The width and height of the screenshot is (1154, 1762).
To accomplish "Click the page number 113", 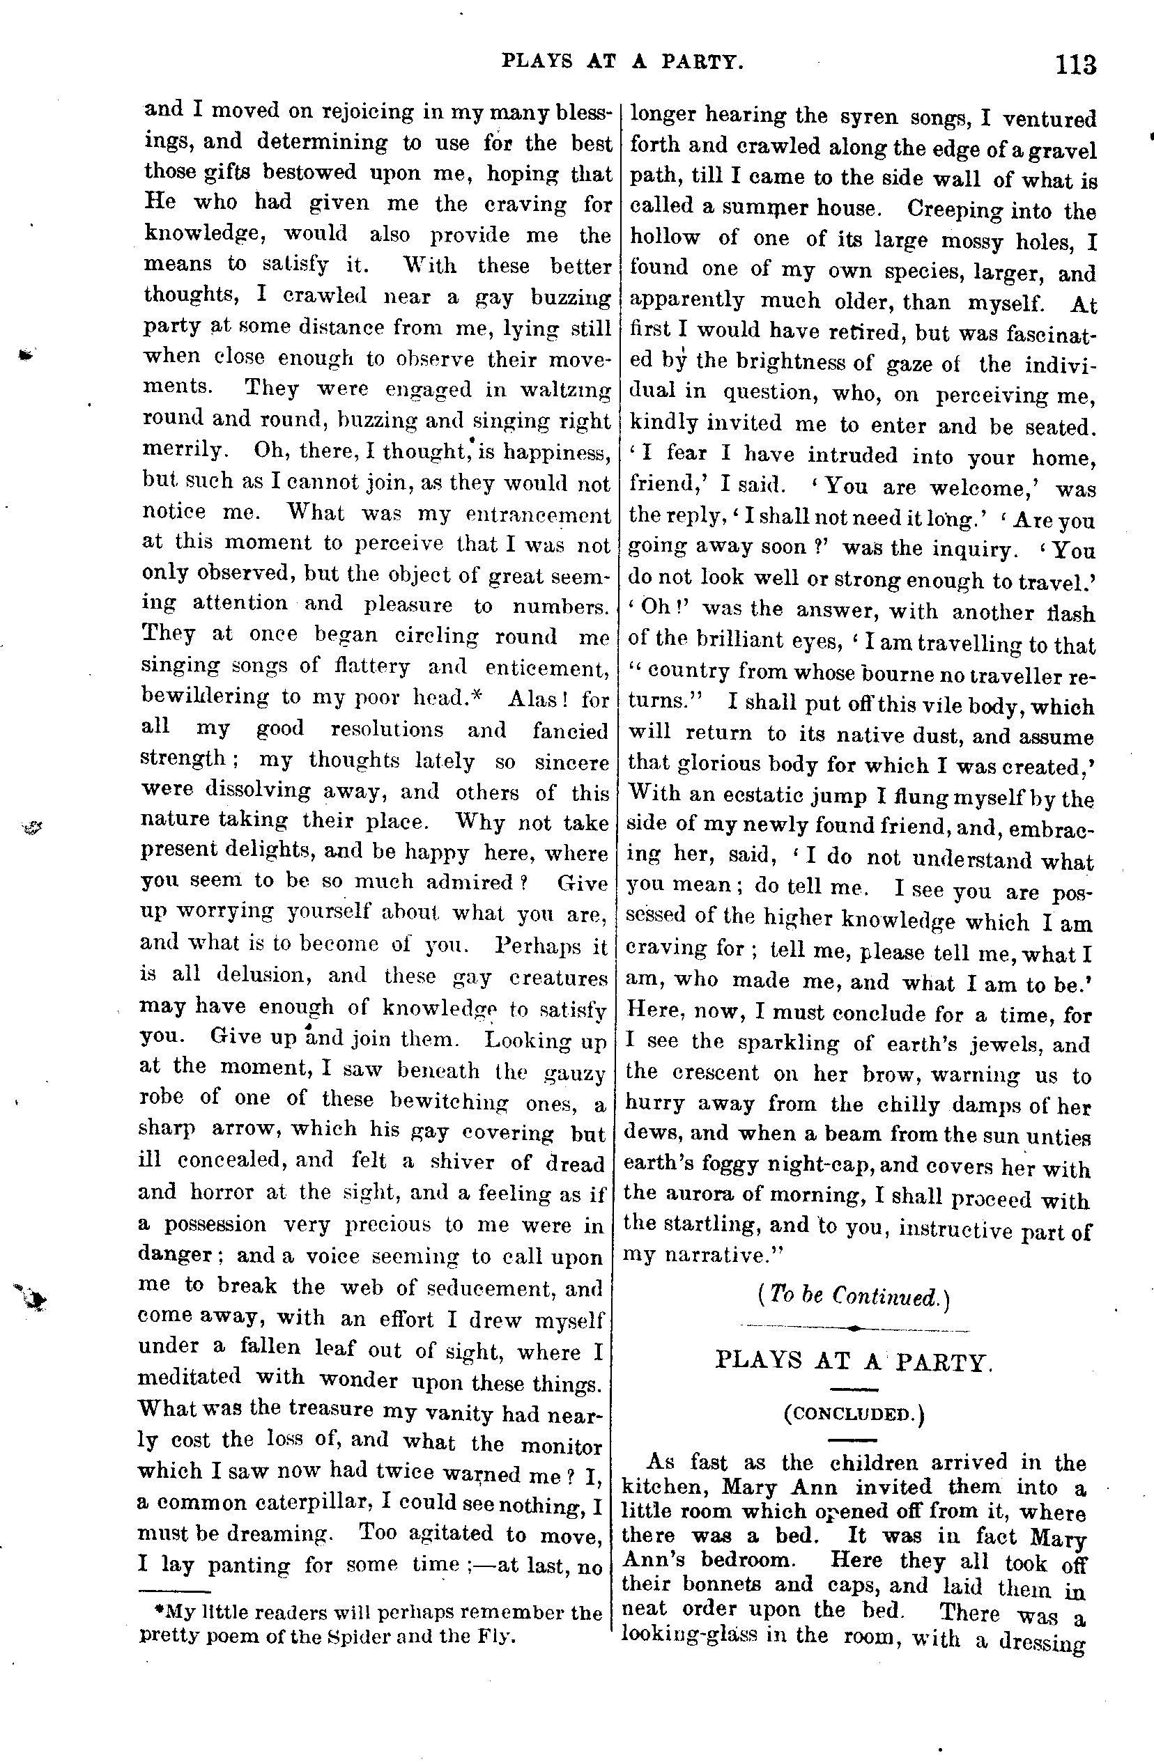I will [1075, 65].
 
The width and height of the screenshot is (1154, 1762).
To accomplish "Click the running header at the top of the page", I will [622, 62].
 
